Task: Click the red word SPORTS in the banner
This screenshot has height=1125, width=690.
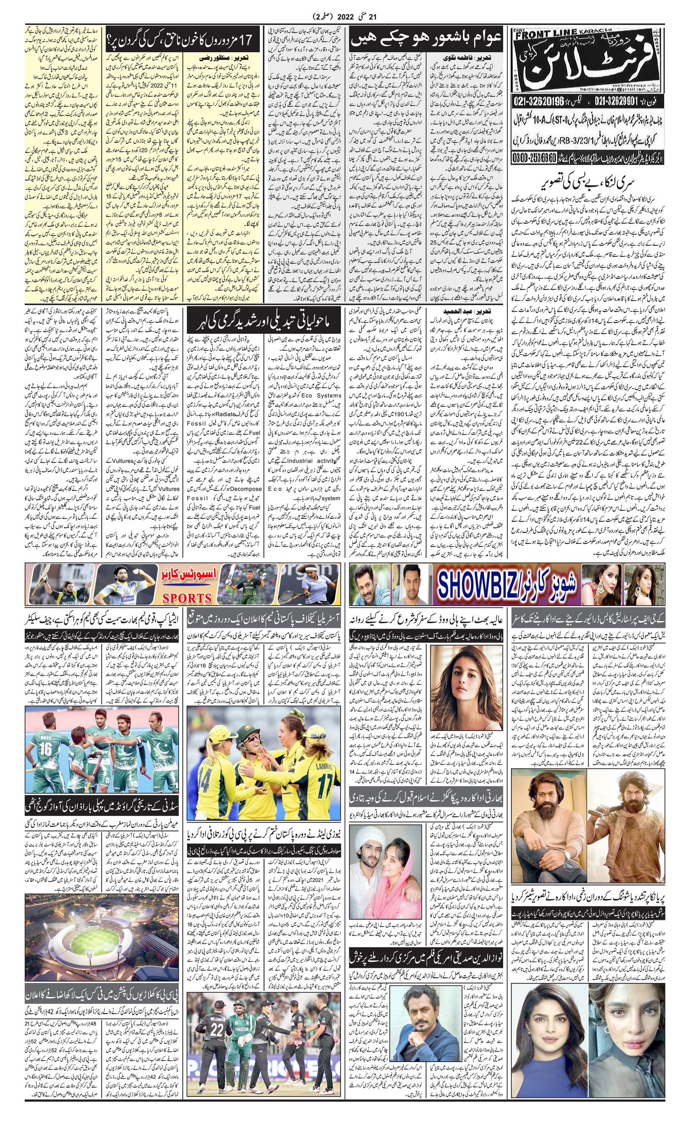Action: (187, 598)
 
